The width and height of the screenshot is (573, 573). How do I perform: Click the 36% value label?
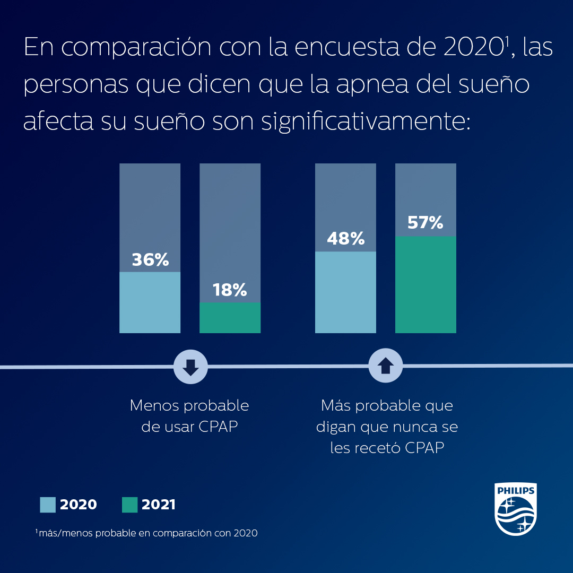pos(150,260)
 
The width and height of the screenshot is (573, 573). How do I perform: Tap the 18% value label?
pos(230,290)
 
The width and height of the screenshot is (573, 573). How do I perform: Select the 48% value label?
pos(345,239)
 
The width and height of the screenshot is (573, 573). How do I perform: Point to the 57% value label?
pos(425,223)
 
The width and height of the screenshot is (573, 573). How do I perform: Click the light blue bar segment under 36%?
pos(150,302)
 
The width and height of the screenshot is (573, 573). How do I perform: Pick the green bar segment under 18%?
pos(230,318)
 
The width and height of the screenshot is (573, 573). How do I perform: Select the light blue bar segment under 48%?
pos(345,292)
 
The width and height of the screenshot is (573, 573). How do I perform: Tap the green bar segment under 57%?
pos(426,285)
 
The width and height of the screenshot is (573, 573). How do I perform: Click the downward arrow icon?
pos(191,366)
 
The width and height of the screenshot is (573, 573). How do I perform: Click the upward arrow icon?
pos(386,366)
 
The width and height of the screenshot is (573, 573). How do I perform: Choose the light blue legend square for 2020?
pos(48,505)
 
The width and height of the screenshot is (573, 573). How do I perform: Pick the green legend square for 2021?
pos(129,505)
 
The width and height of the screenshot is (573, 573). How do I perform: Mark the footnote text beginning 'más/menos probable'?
pos(147,533)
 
